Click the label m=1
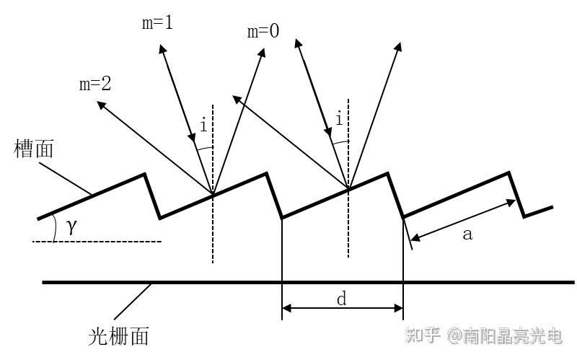(x=157, y=22)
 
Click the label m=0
(x=263, y=32)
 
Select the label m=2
(x=95, y=84)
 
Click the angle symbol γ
(x=71, y=227)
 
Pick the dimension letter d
(x=342, y=299)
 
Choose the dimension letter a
(x=467, y=234)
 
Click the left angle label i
(x=203, y=126)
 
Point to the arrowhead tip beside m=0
(x=263, y=51)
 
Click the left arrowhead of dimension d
(x=286, y=309)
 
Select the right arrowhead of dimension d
(x=399, y=309)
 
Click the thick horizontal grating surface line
(x=216, y=282)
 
